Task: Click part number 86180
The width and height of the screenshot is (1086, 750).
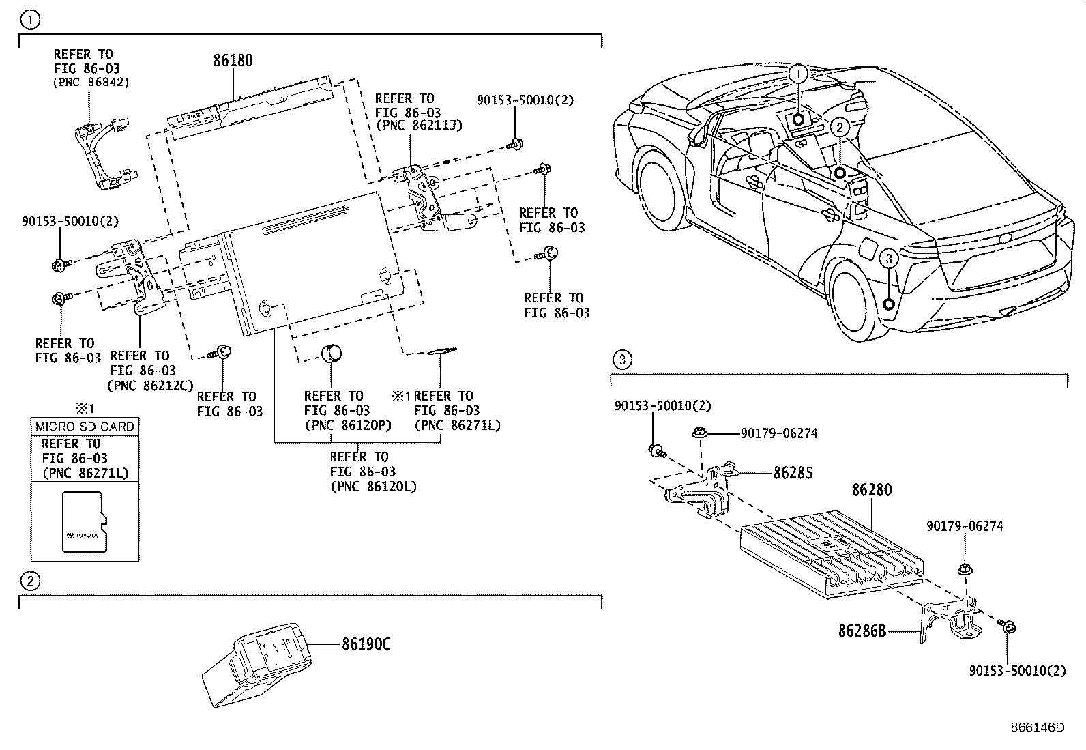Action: coord(233,60)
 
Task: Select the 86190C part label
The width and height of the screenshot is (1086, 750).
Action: coord(366,644)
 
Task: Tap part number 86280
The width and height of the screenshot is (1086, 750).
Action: coord(871,490)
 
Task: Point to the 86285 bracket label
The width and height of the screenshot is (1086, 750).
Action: coord(793,472)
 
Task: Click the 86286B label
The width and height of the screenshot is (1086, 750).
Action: coord(862,631)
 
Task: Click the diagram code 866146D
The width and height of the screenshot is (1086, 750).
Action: coord(1037,727)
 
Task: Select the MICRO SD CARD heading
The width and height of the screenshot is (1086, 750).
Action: coord(85,427)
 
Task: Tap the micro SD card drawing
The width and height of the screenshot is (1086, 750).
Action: coord(85,521)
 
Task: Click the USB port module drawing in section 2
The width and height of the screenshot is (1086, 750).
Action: coord(259,662)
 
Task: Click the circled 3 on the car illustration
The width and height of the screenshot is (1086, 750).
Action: coord(887,259)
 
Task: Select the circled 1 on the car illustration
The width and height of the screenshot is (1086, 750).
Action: coord(797,73)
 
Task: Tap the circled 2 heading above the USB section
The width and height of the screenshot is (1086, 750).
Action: coord(29,581)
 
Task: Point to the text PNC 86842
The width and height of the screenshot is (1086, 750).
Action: coord(91,82)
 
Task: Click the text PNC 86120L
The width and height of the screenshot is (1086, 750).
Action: coord(372,487)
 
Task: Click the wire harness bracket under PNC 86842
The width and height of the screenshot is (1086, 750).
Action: coord(102,154)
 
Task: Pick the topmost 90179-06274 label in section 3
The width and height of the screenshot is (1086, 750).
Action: coord(779,433)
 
